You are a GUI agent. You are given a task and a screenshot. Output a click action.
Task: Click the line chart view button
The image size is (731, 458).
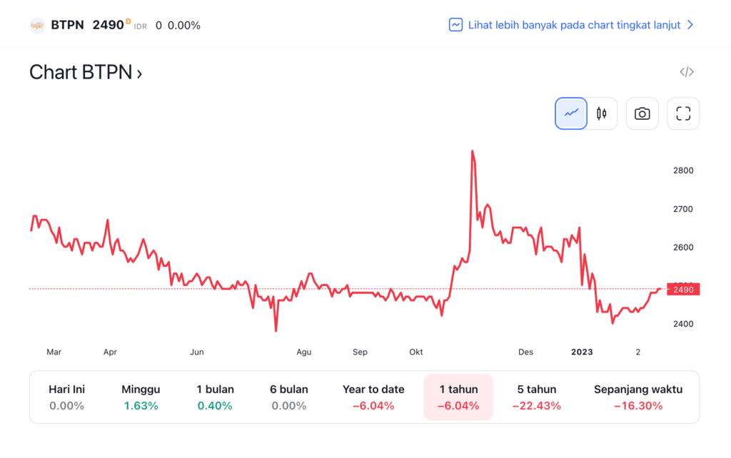pyautogui.click(x=571, y=113)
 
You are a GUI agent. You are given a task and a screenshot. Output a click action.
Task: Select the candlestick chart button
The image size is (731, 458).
pyautogui.click(x=602, y=113)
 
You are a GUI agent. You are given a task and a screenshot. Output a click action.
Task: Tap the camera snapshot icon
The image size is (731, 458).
pyautogui.click(x=642, y=113)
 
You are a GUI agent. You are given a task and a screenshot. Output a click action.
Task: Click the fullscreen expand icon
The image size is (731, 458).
pyautogui.click(x=683, y=113)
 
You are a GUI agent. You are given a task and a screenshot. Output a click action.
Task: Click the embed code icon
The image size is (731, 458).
pyautogui.click(x=687, y=72)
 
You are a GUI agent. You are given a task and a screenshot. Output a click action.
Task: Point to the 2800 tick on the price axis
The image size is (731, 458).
pyautogui.click(x=683, y=171)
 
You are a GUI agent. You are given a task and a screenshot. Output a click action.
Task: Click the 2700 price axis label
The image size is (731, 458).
pyautogui.click(x=683, y=209)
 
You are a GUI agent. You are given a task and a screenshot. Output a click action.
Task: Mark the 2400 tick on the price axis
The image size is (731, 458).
pyautogui.click(x=683, y=324)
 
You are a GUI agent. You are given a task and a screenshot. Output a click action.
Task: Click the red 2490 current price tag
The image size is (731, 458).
pyautogui.click(x=683, y=289)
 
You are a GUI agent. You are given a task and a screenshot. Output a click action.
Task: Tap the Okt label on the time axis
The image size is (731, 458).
pyautogui.click(x=416, y=352)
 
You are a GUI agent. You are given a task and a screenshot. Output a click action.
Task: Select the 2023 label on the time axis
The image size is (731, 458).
pyautogui.click(x=582, y=352)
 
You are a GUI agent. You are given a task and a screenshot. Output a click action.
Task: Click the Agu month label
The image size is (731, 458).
pyautogui.click(x=304, y=352)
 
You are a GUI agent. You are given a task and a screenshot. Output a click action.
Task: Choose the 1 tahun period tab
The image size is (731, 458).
pyautogui.click(x=458, y=397)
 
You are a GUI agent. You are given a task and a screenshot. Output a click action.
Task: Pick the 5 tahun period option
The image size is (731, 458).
pyautogui.click(x=537, y=397)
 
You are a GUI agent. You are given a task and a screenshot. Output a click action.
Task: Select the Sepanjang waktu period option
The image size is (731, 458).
pyautogui.click(x=638, y=397)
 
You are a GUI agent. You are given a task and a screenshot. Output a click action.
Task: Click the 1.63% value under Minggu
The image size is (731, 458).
pyautogui.click(x=141, y=406)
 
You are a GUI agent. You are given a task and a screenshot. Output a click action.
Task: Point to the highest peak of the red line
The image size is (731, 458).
pyautogui.click(x=473, y=151)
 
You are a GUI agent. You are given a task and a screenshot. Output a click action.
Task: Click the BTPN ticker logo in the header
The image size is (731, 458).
pyautogui.click(x=37, y=25)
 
